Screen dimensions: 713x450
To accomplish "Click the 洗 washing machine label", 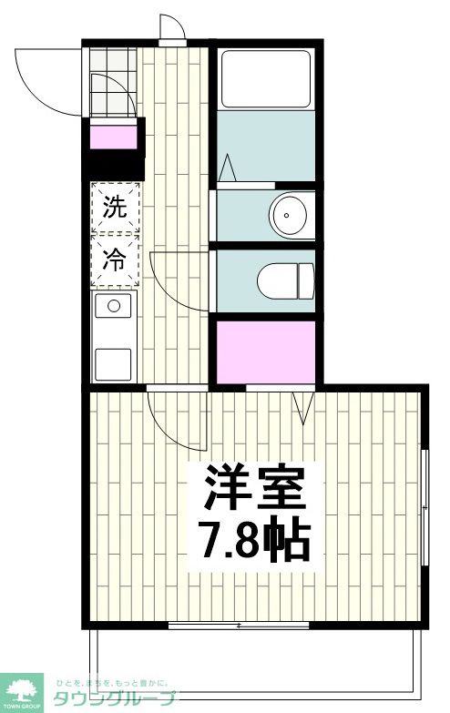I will tap(114, 208).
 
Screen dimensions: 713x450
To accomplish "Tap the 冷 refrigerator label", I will tap(114, 260).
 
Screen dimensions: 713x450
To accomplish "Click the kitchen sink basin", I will tap(114, 306).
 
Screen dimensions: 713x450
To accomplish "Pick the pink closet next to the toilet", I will tap(265, 351).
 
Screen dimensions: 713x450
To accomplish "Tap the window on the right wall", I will tap(424, 505).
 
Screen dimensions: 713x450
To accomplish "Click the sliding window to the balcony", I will tap(239, 626).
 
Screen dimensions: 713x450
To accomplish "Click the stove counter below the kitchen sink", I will tap(114, 362).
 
